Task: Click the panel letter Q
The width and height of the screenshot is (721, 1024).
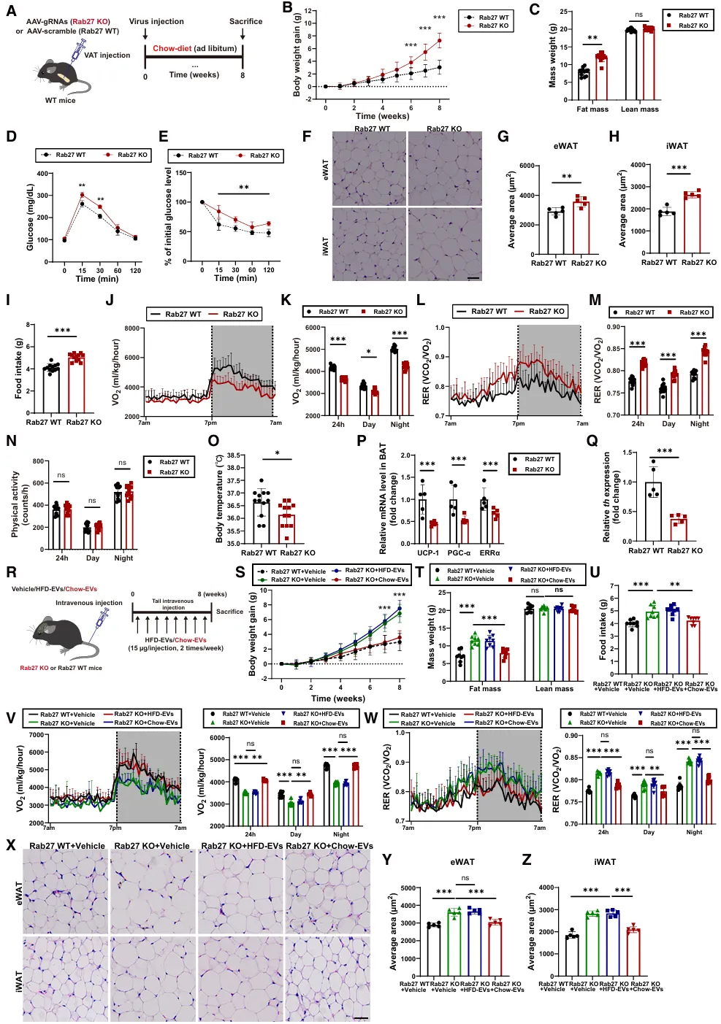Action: point(592,440)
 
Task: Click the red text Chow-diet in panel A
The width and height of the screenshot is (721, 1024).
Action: point(172,49)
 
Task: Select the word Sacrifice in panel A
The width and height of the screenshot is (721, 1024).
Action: point(245,21)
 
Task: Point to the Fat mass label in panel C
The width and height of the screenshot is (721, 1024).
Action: point(592,109)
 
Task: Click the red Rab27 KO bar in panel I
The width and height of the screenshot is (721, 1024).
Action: point(76,383)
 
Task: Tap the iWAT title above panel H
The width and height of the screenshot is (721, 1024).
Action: point(676,146)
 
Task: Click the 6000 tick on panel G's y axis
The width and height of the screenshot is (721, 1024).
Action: point(529,166)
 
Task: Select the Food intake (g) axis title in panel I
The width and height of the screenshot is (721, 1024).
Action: point(19,368)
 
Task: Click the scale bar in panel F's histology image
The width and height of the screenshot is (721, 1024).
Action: point(473,277)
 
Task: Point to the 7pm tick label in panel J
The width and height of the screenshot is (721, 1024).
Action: point(210,423)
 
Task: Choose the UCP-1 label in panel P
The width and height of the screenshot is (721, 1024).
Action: point(428,553)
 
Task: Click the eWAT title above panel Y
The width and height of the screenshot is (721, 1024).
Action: point(462,862)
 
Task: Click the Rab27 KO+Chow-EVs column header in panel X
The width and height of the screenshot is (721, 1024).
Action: point(329,846)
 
